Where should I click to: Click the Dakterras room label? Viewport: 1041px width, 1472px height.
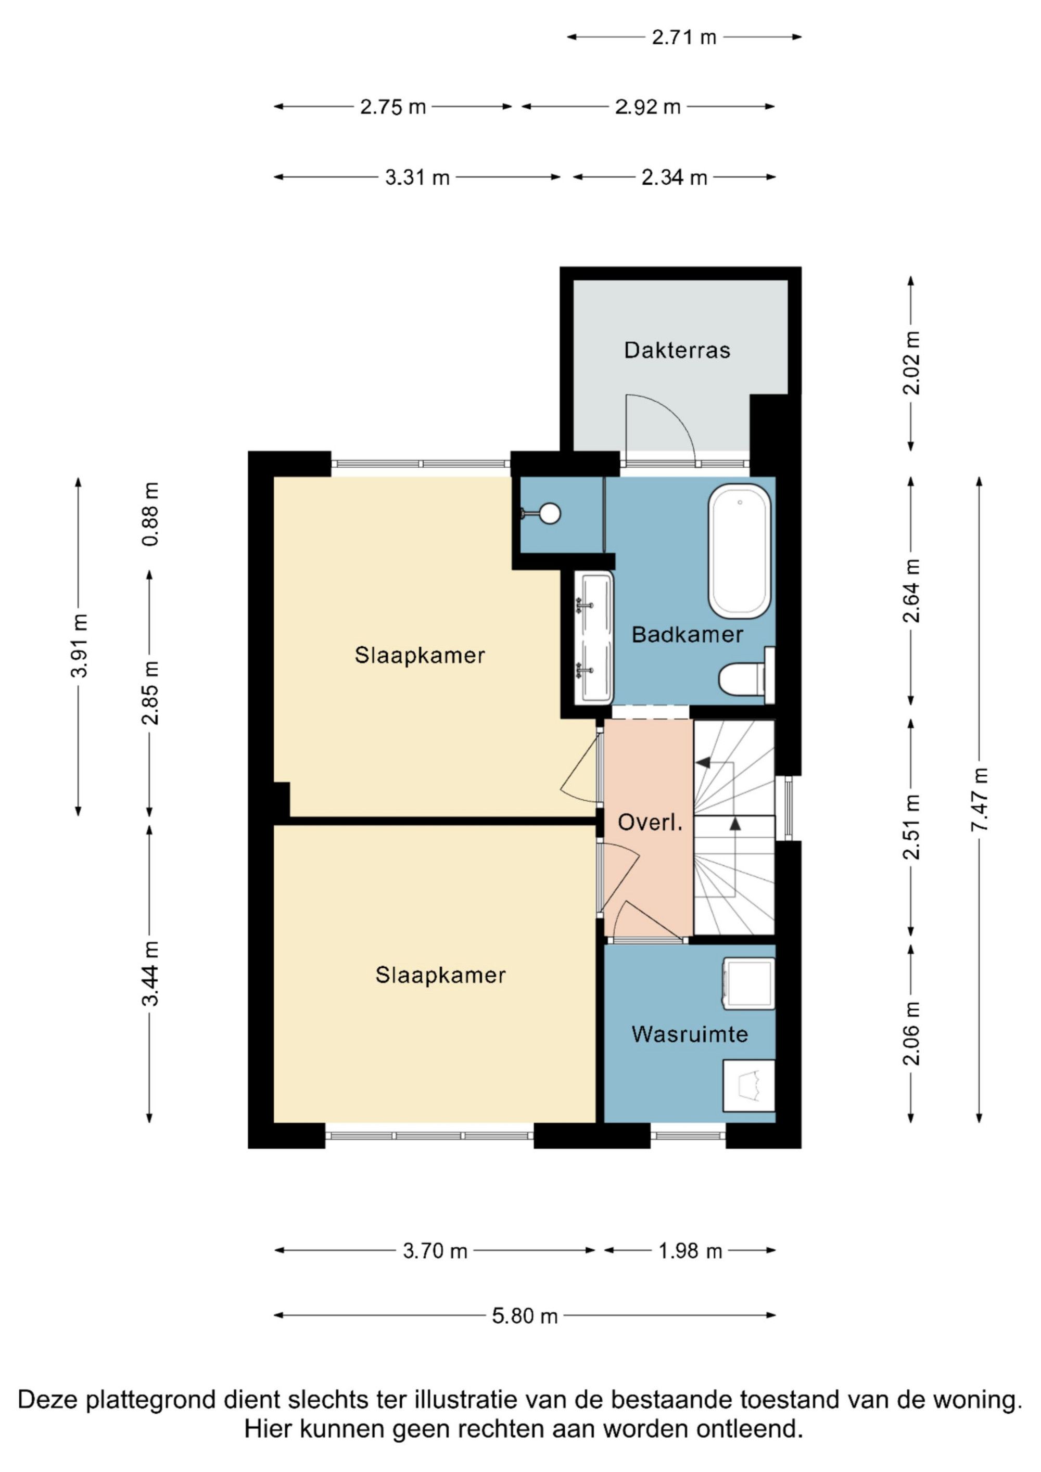tap(677, 350)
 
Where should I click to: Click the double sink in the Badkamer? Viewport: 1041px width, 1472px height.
tap(595, 638)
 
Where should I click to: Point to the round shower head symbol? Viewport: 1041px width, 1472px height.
tap(550, 514)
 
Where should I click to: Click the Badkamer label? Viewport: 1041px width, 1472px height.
tap(687, 635)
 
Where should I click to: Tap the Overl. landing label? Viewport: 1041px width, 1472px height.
tap(650, 823)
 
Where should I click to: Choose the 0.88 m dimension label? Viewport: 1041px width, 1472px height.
tap(150, 514)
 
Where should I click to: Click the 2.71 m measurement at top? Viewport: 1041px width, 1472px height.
tap(684, 37)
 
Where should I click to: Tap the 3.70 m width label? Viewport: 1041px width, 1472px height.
tap(435, 1251)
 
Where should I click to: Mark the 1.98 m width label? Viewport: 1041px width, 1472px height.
tap(690, 1251)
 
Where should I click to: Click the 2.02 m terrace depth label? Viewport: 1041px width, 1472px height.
tap(911, 363)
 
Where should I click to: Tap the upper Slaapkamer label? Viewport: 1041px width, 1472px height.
tap(420, 655)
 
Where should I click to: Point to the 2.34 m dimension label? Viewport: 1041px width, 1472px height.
tap(674, 177)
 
